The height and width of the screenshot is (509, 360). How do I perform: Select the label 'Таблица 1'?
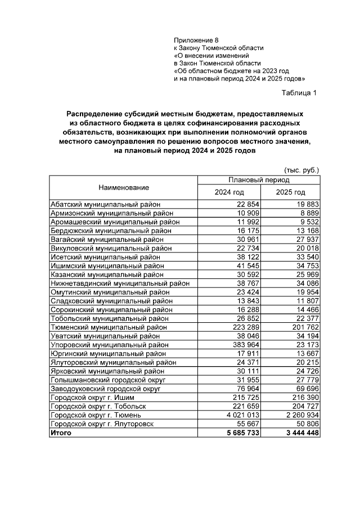pos(299,93)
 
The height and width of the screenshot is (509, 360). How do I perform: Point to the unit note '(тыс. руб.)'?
pos(301,169)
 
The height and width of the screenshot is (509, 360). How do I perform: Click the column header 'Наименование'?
pos(123,187)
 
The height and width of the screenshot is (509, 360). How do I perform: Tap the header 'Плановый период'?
pos(259,180)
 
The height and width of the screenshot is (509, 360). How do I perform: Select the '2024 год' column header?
pos(229,193)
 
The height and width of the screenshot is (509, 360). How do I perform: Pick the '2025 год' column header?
pos(290,193)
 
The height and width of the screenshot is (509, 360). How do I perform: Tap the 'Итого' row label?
pos(60,433)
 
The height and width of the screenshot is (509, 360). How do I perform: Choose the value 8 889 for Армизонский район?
pos(307,213)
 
